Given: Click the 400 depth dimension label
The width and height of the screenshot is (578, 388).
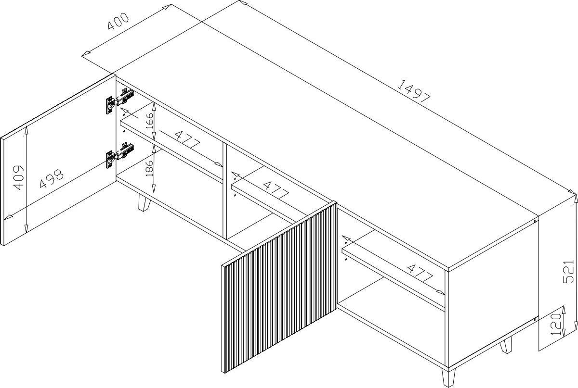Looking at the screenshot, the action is pyautogui.click(x=118, y=21).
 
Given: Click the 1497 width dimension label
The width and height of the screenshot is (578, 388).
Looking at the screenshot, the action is pyautogui.click(x=414, y=92).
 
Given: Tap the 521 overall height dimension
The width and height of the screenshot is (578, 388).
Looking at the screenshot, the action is pyautogui.click(x=568, y=272).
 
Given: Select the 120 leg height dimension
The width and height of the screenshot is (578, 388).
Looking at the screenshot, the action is pyautogui.click(x=556, y=325).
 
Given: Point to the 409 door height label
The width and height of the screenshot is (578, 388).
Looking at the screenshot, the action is pyautogui.click(x=18, y=177).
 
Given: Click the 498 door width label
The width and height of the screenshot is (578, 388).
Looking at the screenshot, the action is pyautogui.click(x=52, y=178).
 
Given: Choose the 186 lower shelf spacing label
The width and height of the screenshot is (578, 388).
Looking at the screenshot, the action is pyautogui.click(x=149, y=168).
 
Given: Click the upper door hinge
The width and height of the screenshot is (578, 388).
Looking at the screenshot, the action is pyautogui.click(x=120, y=101).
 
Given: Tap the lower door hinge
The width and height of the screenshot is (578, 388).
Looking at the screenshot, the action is pyautogui.click(x=120, y=155).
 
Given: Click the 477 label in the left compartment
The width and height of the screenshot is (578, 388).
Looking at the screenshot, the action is pyautogui.click(x=187, y=139).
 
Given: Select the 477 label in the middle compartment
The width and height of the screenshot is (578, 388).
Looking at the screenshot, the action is pyautogui.click(x=276, y=190).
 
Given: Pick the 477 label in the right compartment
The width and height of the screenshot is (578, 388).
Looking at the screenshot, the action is pyautogui.click(x=420, y=273).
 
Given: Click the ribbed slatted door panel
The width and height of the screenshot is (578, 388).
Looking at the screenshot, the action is pyautogui.click(x=279, y=287).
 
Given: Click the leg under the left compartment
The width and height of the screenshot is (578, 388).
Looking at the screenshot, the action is pyautogui.click(x=144, y=202).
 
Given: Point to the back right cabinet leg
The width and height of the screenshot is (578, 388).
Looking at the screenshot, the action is pyautogui.click(x=506, y=346).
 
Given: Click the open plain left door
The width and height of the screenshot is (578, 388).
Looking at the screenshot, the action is pyautogui.click(x=58, y=160).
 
